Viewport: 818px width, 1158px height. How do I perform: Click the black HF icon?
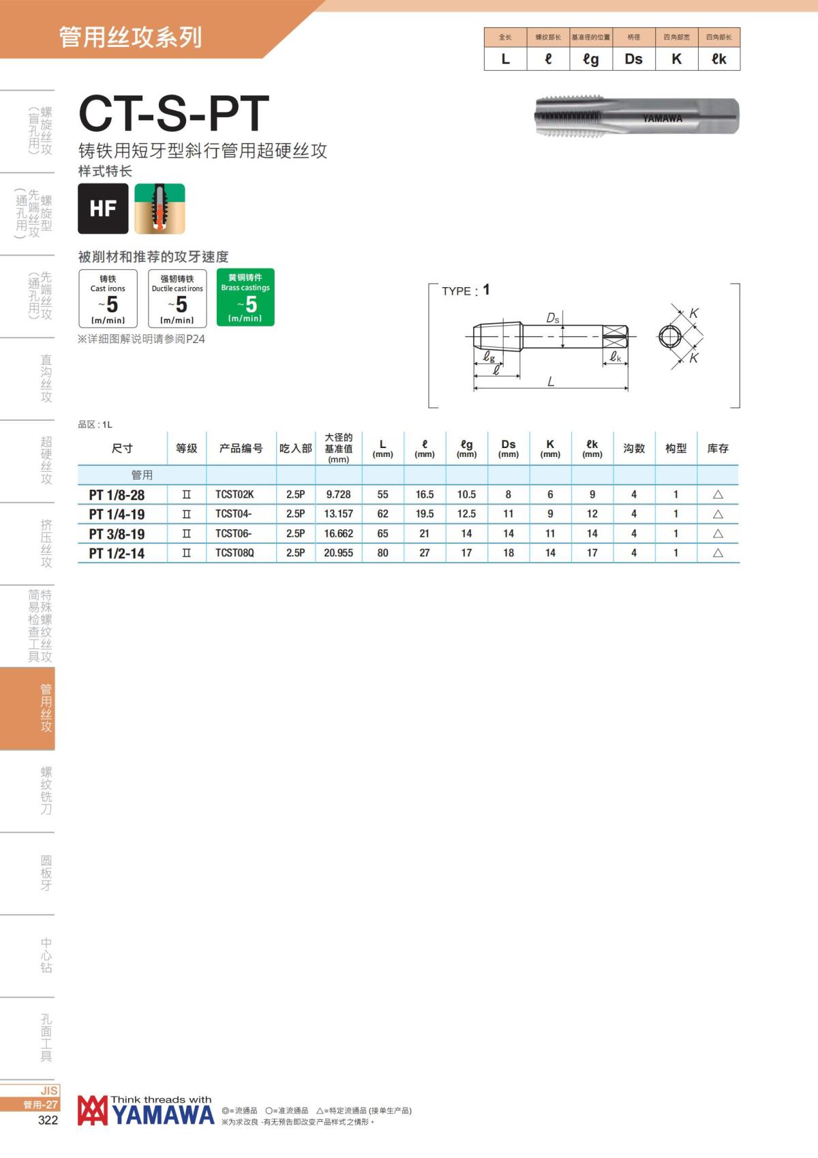point(103,208)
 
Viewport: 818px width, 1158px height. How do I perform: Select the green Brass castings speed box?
point(245,297)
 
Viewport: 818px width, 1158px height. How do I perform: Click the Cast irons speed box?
point(108,298)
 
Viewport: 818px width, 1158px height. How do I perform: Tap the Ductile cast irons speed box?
point(177,298)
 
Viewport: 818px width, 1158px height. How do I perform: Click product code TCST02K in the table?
point(234,494)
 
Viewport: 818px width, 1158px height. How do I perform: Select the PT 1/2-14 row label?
point(117,553)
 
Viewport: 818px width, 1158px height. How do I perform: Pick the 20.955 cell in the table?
point(339,553)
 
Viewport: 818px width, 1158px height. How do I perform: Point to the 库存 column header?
point(718,448)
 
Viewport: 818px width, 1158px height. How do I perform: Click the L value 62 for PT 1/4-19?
point(382,514)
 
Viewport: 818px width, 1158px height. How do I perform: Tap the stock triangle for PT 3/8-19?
point(718,533)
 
